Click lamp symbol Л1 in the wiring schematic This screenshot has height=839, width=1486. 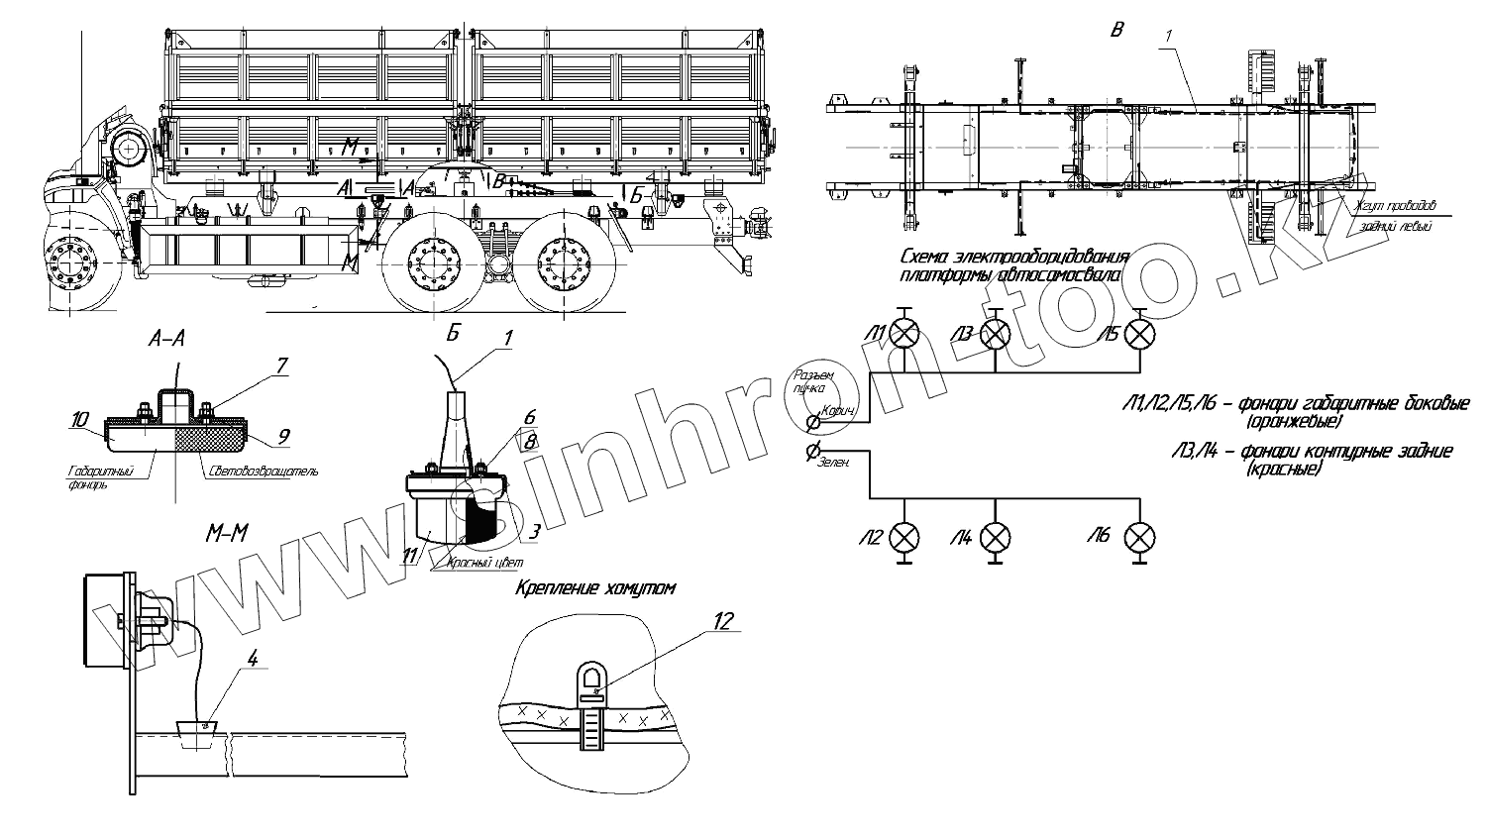point(903,335)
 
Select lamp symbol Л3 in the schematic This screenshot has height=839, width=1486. point(995,335)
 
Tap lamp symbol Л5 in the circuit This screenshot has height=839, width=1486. point(1142,335)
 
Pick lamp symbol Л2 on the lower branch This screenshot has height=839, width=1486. point(903,537)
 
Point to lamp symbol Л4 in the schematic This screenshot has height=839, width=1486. point(995,537)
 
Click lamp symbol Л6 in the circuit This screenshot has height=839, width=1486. point(1142,537)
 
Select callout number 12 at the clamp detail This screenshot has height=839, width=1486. point(724,622)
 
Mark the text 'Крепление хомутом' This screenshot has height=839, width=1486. point(594,588)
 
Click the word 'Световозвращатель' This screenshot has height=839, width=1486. point(263,472)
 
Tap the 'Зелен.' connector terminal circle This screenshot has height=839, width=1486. point(812,453)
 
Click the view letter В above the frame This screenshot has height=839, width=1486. point(1116,29)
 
